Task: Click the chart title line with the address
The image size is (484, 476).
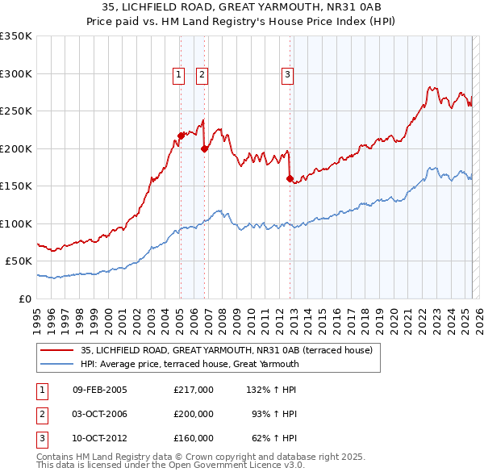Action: pos(241,7)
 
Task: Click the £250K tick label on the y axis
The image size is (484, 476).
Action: pos(15,111)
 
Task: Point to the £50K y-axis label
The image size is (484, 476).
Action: pos(18,261)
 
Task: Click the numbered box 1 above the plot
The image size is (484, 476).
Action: pos(178,75)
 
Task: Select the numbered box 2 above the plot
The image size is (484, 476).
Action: pos(202,75)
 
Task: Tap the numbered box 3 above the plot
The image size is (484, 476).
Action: pos(287,75)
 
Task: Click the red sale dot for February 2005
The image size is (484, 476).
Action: pos(181,136)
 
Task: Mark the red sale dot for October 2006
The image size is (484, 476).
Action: pos(204,148)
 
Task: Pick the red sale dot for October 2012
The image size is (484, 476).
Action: pos(290,179)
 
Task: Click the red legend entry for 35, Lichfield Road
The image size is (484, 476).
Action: pos(226,350)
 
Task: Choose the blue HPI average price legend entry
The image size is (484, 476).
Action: pos(190,364)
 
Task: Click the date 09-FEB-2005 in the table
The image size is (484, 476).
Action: pos(99,390)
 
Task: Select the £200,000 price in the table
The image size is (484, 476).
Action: pos(193,414)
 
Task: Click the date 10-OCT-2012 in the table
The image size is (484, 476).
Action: pos(99,438)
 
